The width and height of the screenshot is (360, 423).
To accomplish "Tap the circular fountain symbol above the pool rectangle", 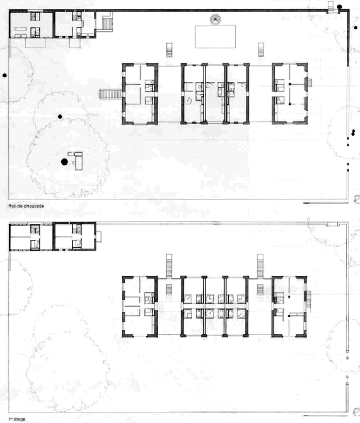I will (x=215, y=20).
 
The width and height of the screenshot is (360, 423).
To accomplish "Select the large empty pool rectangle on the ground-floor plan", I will (x=215, y=37).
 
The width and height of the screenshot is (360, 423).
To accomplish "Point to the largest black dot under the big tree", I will (x=64, y=162).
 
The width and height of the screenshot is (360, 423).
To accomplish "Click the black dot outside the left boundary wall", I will (x=4, y=75).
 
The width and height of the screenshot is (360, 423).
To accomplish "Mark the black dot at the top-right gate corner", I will (x=339, y=7).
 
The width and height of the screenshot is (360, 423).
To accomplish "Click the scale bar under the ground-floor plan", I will (x=325, y=203).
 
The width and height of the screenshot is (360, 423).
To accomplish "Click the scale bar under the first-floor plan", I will (x=325, y=415).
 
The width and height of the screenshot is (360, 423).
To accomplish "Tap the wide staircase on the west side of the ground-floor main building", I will (x=111, y=94).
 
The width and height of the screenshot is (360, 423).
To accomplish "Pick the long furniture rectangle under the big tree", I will (x=78, y=161).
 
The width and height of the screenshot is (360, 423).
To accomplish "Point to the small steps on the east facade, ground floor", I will (x=310, y=83).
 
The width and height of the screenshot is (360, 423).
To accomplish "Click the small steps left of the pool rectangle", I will (x=170, y=50).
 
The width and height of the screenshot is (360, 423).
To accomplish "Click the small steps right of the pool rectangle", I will (x=261, y=50).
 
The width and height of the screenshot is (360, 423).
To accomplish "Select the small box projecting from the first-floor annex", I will (x=99, y=236).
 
